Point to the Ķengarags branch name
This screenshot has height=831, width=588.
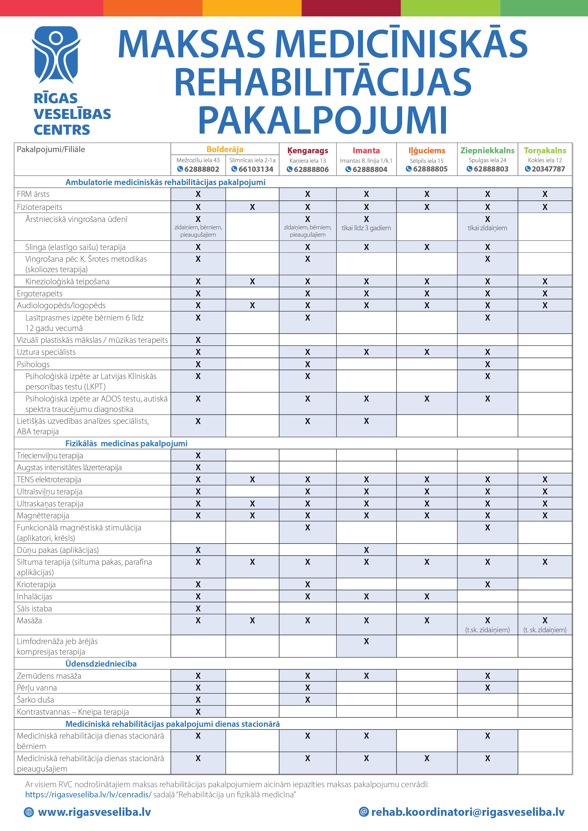click(x=308, y=151)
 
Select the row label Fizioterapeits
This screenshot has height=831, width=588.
click(x=40, y=207)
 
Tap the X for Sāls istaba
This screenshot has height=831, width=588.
click(x=198, y=608)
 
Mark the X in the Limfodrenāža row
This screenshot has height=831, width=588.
click(x=366, y=641)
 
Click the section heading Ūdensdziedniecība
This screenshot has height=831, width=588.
click(x=101, y=664)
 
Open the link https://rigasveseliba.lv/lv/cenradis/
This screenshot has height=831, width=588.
click(x=88, y=795)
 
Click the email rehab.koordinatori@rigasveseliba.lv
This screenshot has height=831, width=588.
click(x=467, y=812)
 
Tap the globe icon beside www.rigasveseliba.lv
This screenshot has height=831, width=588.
click(x=29, y=813)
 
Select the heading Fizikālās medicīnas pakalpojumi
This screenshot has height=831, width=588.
click(x=126, y=443)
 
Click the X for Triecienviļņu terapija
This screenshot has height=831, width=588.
click(x=198, y=455)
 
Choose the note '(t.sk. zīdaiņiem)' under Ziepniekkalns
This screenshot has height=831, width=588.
click(x=487, y=630)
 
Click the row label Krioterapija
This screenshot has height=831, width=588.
click(x=36, y=585)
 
